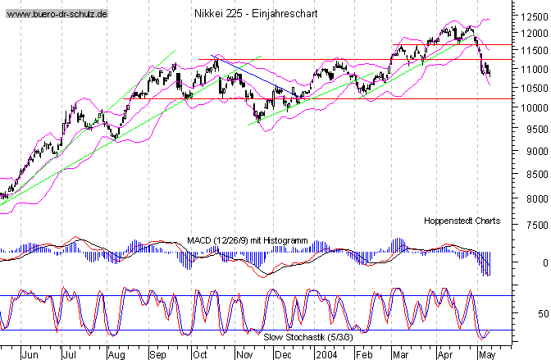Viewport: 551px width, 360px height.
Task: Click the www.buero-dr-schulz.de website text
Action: pos(55,15)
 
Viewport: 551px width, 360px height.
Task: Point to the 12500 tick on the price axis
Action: pos(534,15)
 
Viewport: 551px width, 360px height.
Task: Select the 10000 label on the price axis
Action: pos(534,107)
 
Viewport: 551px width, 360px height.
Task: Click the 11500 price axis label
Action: pos(534,51)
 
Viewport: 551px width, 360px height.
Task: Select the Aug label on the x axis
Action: pos(116,355)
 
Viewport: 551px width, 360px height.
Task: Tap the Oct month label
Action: pos(199,355)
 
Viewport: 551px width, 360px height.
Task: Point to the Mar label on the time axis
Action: pos(400,355)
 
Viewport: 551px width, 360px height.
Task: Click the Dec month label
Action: pos(282,355)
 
